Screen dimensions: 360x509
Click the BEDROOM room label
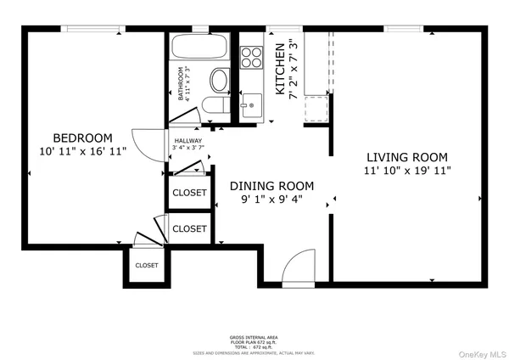pyautogui.click(x=82, y=138)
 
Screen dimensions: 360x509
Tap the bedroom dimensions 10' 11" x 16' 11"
pyautogui.click(x=82, y=152)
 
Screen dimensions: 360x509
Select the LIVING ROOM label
pyautogui.click(x=406, y=157)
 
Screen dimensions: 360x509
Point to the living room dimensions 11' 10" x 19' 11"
pyautogui.click(x=406, y=171)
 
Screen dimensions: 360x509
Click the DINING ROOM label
pyautogui.click(x=272, y=186)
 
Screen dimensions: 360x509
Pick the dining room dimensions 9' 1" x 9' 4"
pyautogui.click(x=272, y=200)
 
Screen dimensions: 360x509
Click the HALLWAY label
pyautogui.click(x=188, y=142)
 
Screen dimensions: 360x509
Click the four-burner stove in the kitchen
pyautogui.click(x=252, y=57)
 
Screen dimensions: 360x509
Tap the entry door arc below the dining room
pyautogui.click(x=299, y=267)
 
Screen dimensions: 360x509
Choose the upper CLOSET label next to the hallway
pyautogui.click(x=189, y=193)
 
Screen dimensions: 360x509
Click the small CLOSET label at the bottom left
pyautogui.click(x=146, y=266)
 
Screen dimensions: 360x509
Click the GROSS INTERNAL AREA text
pyautogui.click(x=255, y=336)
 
